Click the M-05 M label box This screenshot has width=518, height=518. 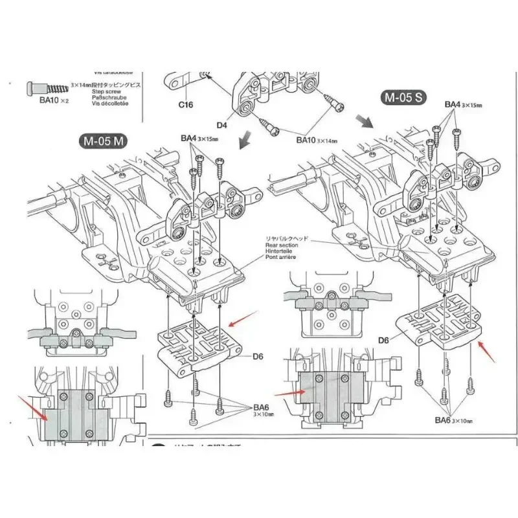103,142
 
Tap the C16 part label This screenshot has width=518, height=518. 186,104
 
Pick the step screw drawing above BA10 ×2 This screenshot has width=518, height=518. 47,87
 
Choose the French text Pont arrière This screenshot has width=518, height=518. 282,258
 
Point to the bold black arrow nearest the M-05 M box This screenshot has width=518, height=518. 245,139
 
